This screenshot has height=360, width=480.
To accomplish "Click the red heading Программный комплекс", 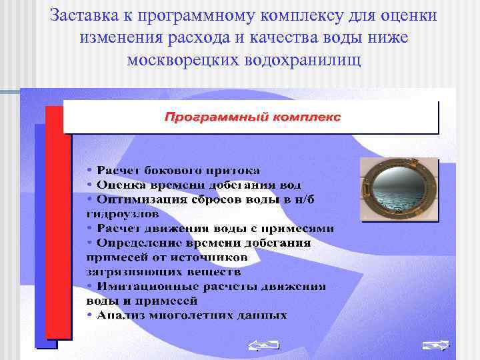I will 253,117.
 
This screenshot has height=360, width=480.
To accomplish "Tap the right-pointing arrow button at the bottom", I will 435,345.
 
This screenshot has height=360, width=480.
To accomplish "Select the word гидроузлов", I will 123,214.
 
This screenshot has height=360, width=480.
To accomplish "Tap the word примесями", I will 301,228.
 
